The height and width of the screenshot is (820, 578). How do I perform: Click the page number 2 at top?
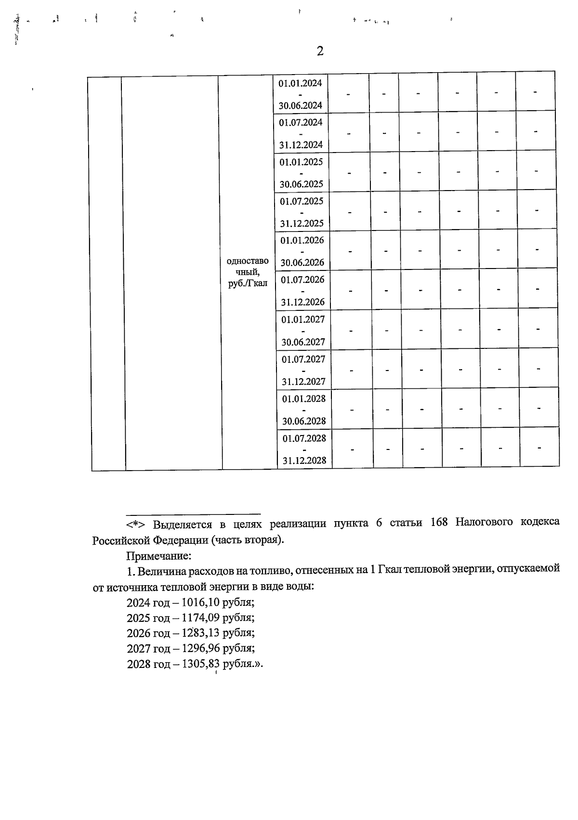point(320,51)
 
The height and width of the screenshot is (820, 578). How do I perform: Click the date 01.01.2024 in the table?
point(300,83)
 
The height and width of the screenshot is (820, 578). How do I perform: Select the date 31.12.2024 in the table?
point(301,145)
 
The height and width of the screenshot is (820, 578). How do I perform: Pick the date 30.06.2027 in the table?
point(303,343)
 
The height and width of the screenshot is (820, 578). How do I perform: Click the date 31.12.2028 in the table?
point(304,461)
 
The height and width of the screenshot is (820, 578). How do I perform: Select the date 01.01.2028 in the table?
point(304,399)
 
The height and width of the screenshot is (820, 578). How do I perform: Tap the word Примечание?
point(159,556)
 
